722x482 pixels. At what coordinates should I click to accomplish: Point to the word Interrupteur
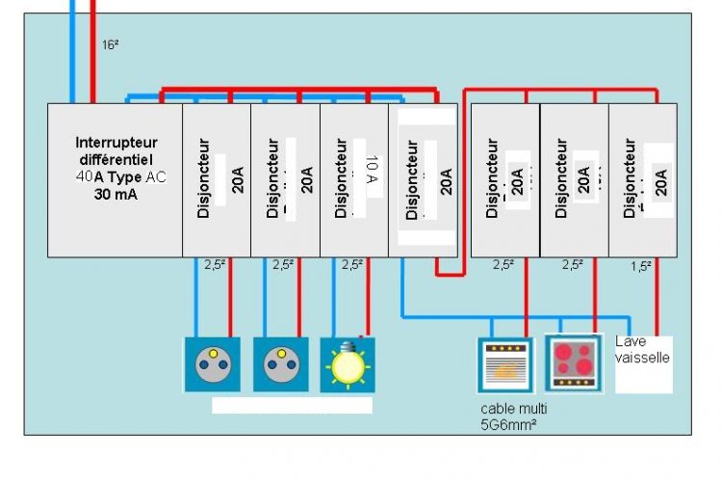click(116, 142)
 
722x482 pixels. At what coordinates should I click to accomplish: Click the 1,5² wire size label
click(642, 266)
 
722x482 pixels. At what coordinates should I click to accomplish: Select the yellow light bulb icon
click(348, 364)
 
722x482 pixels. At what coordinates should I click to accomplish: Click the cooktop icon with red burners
click(573, 362)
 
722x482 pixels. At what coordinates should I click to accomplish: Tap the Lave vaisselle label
click(643, 349)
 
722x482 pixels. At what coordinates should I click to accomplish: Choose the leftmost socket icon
click(211, 364)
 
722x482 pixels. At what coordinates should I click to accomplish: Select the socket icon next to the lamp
click(280, 364)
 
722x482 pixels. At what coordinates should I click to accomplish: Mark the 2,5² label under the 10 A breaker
click(352, 264)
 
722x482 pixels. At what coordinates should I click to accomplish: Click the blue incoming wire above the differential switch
click(72, 48)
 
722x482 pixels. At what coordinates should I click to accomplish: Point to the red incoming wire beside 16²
click(91, 48)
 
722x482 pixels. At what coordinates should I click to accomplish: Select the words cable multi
click(513, 409)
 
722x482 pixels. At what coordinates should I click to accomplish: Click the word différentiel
click(114, 159)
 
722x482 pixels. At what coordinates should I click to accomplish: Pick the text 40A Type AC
click(114, 176)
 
